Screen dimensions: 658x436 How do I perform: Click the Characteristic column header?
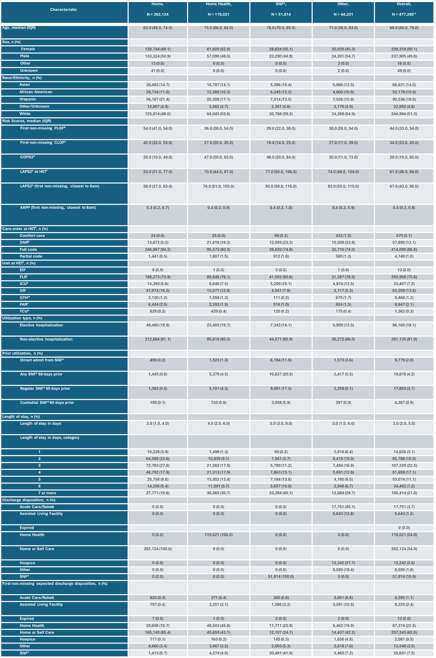(x=63, y=10)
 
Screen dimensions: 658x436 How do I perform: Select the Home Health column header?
(x=218, y=9)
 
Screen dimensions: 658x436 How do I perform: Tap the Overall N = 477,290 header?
(x=404, y=9)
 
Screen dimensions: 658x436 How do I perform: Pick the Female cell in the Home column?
(x=158, y=49)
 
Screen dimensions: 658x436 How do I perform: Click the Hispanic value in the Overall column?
(x=404, y=99)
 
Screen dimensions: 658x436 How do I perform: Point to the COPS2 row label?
(x=27, y=157)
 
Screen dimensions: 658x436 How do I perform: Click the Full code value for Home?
(x=158, y=250)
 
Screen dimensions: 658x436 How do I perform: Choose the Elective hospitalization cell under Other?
(x=343, y=325)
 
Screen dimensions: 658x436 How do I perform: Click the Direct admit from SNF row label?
(x=42, y=360)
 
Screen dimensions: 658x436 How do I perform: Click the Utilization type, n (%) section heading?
(x=22, y=318)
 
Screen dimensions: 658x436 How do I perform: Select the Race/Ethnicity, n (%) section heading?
(x=22, y=78)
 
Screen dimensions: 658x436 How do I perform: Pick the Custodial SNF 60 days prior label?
(x=47, y=403)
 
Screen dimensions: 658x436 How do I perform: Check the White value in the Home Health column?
(x=218, y=114)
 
